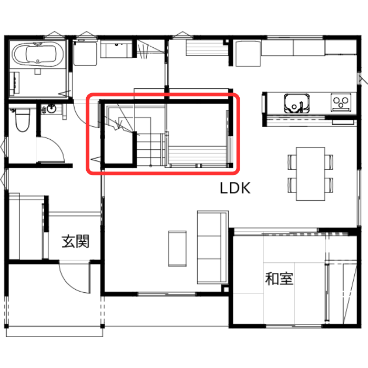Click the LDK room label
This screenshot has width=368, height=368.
pos(235,188)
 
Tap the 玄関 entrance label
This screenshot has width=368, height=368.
pos(76,241)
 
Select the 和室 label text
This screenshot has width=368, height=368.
pos(279,279)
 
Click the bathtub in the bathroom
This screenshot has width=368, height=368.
pos(37,54)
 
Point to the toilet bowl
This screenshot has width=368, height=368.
pos(23,120)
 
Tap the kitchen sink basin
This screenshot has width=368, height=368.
pos(297,103)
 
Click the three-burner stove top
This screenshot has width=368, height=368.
pos(341,102)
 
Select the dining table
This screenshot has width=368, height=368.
pos(310,174)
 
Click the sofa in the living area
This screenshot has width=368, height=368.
pos(212,247)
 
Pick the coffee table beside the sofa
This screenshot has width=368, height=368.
pos(178,249)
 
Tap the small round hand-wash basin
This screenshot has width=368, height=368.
pos(52,109)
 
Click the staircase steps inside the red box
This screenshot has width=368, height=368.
pos(150,149)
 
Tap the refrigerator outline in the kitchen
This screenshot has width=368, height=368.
pos(248,54)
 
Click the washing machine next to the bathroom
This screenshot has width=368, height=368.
pos(85,54)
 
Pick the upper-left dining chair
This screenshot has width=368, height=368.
pos(292,162)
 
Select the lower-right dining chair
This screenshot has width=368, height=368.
pos(329,185)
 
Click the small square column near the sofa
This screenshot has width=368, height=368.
pos(226,289)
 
